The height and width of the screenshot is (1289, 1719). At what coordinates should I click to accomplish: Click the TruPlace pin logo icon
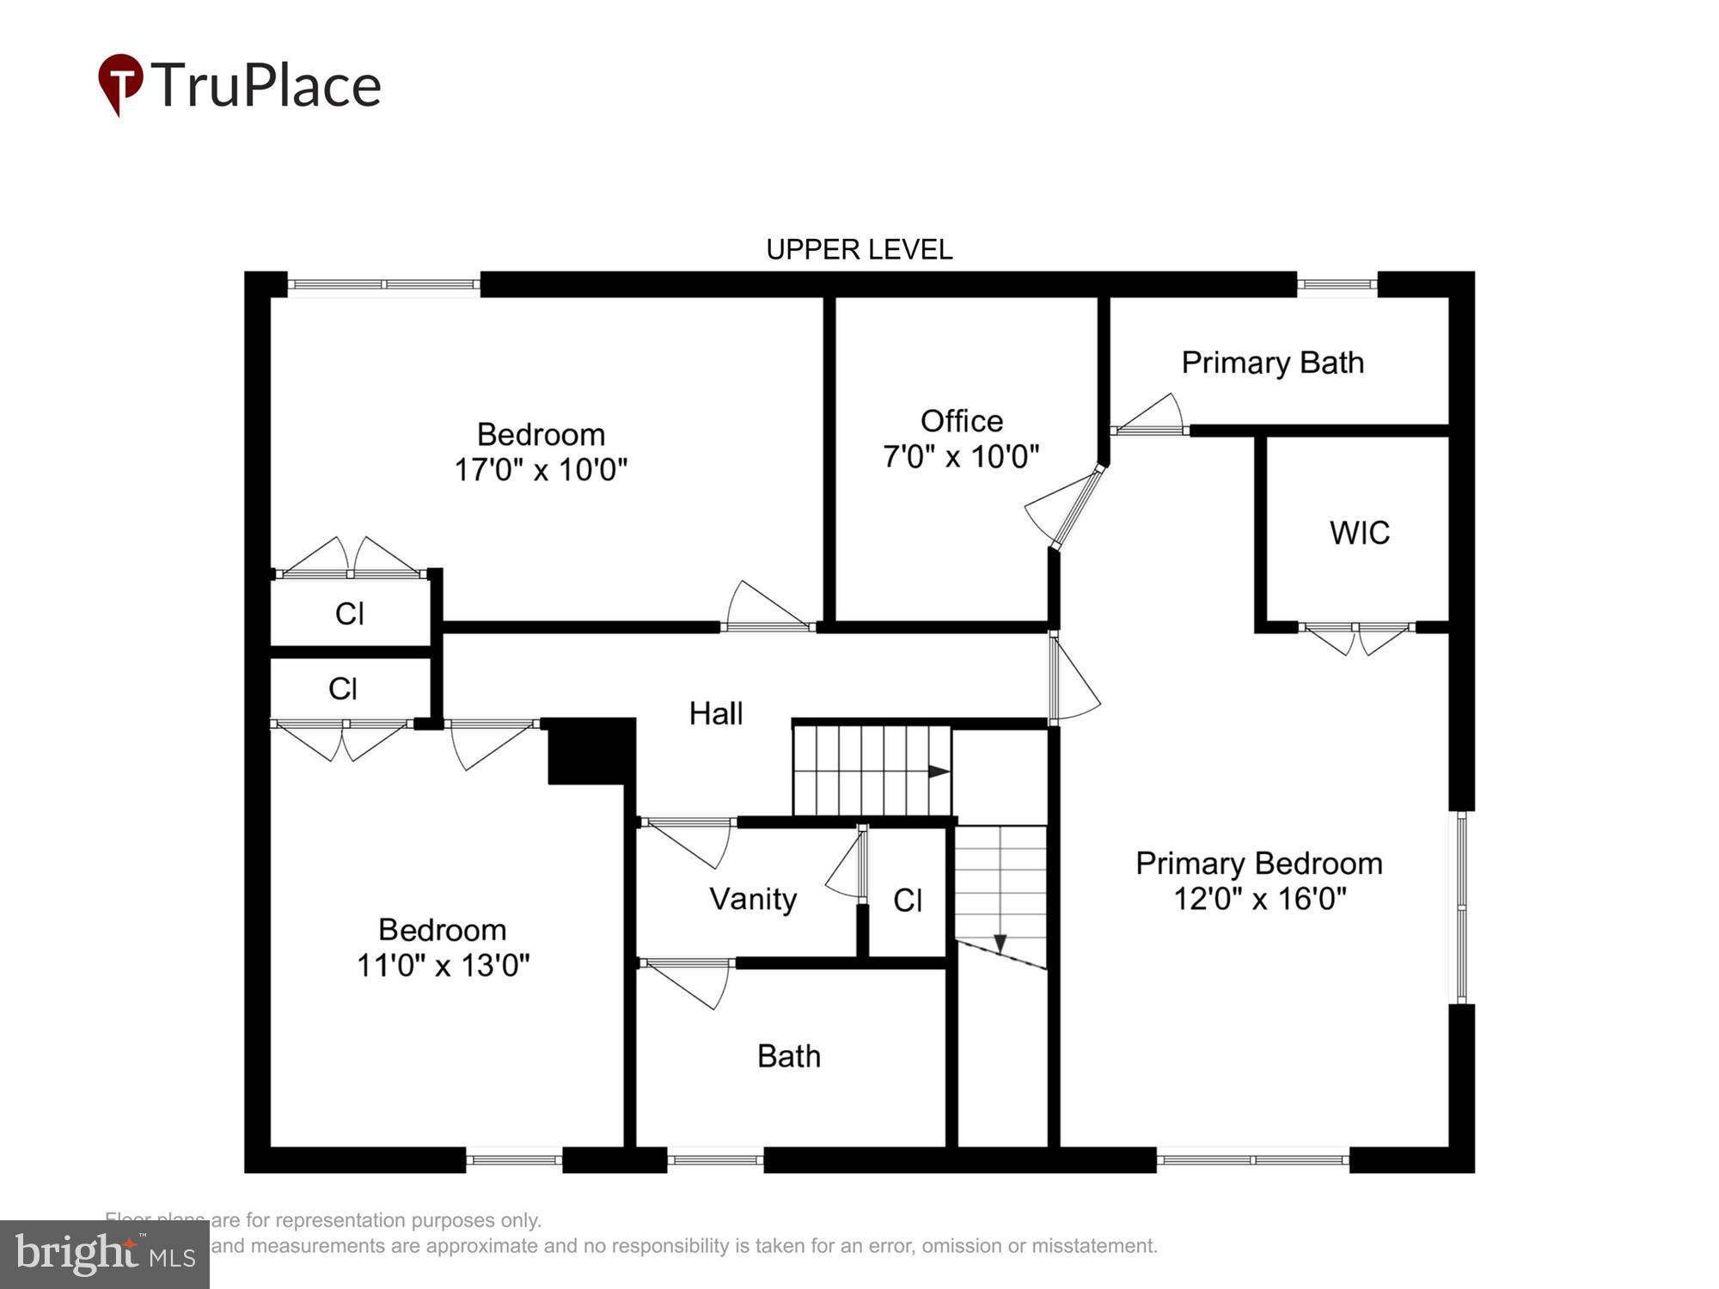pos(119,83)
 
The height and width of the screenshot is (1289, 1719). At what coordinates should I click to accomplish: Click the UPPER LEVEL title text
pos(859,250)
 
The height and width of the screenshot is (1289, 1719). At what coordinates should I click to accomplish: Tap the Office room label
pos(961,421)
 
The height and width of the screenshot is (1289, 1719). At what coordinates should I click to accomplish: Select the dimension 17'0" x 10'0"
pos(541,470)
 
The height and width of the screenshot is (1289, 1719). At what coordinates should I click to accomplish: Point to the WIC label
pos(1359,533)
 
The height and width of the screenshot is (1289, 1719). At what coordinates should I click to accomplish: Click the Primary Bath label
pos(1272,363)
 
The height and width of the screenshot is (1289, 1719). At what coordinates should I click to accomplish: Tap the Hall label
pos(715,713)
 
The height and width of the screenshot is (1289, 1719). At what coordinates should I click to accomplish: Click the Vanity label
pos(753,899)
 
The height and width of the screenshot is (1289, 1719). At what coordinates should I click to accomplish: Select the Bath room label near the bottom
pos(788,1056)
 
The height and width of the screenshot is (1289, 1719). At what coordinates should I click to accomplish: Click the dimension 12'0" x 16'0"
pos(1259,899)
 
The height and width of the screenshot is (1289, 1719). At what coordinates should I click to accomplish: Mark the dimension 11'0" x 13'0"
pos(443,965)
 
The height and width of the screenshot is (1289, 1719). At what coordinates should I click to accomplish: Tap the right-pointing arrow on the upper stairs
pos(939,772)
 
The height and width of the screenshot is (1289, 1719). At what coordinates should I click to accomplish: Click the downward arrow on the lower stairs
pos(1000,944)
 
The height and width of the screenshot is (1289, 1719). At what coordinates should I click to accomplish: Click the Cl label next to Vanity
pos(908,901)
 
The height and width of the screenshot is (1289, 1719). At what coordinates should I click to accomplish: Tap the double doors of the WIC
pos(1356,637)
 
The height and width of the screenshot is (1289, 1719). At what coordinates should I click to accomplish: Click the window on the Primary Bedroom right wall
pos(1461,907)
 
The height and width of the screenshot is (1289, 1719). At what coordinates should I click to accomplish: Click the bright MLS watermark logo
pos(105,1255)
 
